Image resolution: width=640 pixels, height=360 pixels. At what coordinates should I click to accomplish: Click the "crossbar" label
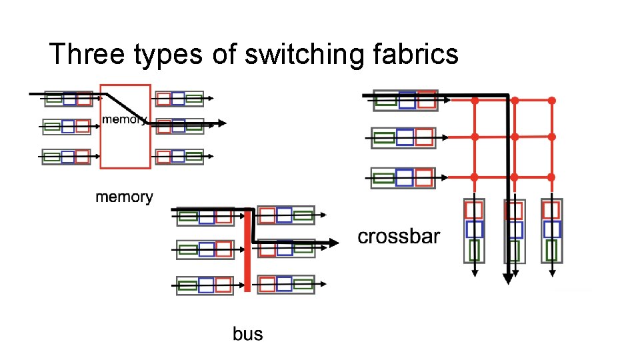pos(399,237)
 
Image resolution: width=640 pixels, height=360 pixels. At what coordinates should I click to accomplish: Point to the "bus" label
pos(248,333)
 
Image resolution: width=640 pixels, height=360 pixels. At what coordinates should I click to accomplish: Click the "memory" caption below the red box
pos(124,197)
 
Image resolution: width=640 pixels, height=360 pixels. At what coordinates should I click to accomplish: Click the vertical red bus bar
pos(247,250)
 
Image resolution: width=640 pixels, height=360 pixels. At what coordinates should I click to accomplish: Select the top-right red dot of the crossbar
pos(552,101)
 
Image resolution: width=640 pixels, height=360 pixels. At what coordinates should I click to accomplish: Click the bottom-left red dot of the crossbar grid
pos(475,177)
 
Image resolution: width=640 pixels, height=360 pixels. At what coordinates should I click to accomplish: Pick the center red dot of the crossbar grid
pos(514,137)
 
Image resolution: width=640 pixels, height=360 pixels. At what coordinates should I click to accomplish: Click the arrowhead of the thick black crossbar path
pos(508,279)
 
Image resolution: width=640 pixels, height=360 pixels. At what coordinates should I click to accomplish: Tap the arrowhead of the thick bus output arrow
pos(333,243)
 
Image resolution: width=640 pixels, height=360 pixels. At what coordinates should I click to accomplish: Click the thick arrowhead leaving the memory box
pos(221,123)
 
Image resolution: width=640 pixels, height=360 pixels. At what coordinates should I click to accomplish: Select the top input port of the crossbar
pos(405,100)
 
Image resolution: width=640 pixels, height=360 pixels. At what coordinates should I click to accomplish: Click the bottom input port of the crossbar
pos(405,177)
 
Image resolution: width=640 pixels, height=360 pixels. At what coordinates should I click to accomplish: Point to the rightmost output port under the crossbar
pos(551,230)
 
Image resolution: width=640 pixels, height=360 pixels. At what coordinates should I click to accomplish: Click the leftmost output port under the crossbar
pos(474,230)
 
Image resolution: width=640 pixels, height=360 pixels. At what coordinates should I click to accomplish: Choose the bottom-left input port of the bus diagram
pos(205,285)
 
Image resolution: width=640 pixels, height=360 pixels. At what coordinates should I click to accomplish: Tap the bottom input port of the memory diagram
pos(66,157)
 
